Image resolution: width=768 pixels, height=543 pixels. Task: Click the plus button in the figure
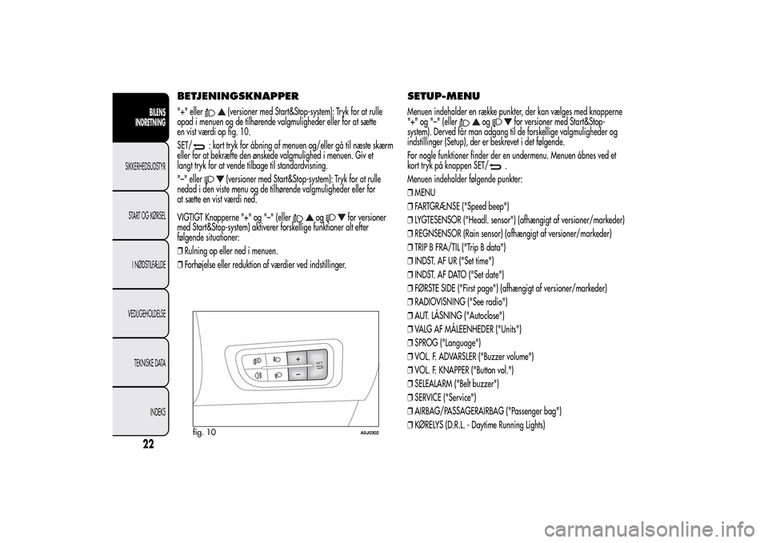[297, 358]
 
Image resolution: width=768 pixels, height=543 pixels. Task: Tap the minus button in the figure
[297, 373]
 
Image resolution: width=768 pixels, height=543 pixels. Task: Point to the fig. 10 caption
[205, 432]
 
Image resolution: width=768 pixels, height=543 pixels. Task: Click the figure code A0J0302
[369, 433]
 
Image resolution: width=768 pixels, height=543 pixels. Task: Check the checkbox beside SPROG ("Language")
[411, 342]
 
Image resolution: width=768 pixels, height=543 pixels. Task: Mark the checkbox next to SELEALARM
[411, 383]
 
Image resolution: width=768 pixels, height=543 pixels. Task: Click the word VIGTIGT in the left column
[190, 216]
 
